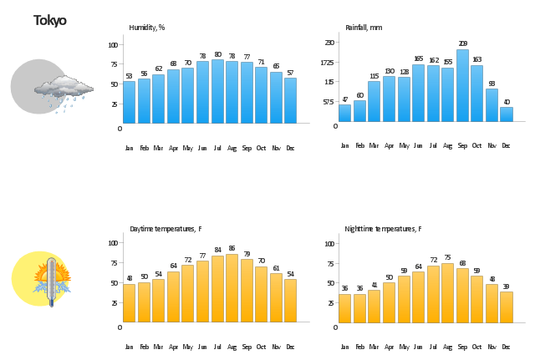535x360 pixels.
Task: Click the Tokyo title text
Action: [50, 21]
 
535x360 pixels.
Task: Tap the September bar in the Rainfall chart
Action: [462, 86]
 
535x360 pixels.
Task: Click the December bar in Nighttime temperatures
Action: [506, 307]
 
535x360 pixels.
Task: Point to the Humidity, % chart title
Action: [147, 28]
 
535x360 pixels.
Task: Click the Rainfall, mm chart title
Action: [364, 28]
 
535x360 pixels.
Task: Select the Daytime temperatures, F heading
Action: [166, 229]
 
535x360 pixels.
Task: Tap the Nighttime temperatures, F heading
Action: [383, 229]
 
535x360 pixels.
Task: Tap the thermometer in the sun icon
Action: [52, 279]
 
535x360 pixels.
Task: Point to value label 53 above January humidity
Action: [129, 76]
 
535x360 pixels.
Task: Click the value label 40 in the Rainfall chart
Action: [506, 102]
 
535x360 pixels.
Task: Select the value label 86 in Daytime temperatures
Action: [232, 248]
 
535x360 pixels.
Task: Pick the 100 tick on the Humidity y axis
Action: [113, 44]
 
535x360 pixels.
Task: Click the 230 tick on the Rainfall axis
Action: [329, 43]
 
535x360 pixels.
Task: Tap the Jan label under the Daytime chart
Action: [129, 346]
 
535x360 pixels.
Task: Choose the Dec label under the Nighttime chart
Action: [506, 346]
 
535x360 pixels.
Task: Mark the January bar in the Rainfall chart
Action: [344, 114]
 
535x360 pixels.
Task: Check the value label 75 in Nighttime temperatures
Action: [447, 257]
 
